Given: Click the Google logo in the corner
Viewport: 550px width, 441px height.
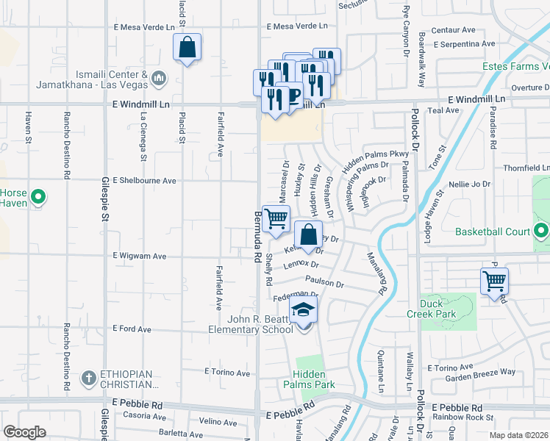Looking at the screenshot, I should (24, 431).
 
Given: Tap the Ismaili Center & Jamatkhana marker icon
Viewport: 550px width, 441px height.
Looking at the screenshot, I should (160, 78).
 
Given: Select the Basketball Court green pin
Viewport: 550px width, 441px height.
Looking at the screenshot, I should (541, 232).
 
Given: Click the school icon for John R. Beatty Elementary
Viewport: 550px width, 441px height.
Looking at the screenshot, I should (302, 311).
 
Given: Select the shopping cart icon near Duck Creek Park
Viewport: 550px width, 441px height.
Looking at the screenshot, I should (494, 280).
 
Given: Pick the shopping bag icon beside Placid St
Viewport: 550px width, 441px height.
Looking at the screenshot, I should (187, 48).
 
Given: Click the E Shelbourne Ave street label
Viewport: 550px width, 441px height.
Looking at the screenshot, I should (144, 181).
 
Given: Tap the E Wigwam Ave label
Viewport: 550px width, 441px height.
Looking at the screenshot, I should (140, 257).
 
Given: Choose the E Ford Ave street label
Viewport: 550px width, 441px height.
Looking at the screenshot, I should (131, 329).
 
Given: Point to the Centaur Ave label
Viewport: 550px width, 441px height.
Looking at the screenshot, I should (453, 30).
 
